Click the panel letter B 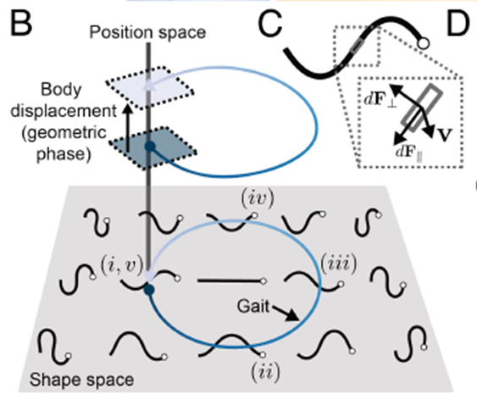coord(21,24)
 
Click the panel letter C coord(270,24)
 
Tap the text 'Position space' coord(147,32)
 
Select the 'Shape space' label coord(81,380)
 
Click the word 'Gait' coord(253,307)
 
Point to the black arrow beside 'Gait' coord(286,313)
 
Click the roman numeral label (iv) coord(258,198)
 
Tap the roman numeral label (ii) coord(265,372)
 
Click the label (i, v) coord(122,266)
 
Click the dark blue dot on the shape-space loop coord(149,290)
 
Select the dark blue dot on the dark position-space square coord(150,147)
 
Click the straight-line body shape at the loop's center coord(232,280)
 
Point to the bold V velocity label coord(445,135)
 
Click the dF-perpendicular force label coord(380,99)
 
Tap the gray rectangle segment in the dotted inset coord(421,108)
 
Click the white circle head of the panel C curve coord(423,43)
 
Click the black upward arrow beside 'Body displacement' coord(128,127)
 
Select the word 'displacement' coord(64,111)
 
